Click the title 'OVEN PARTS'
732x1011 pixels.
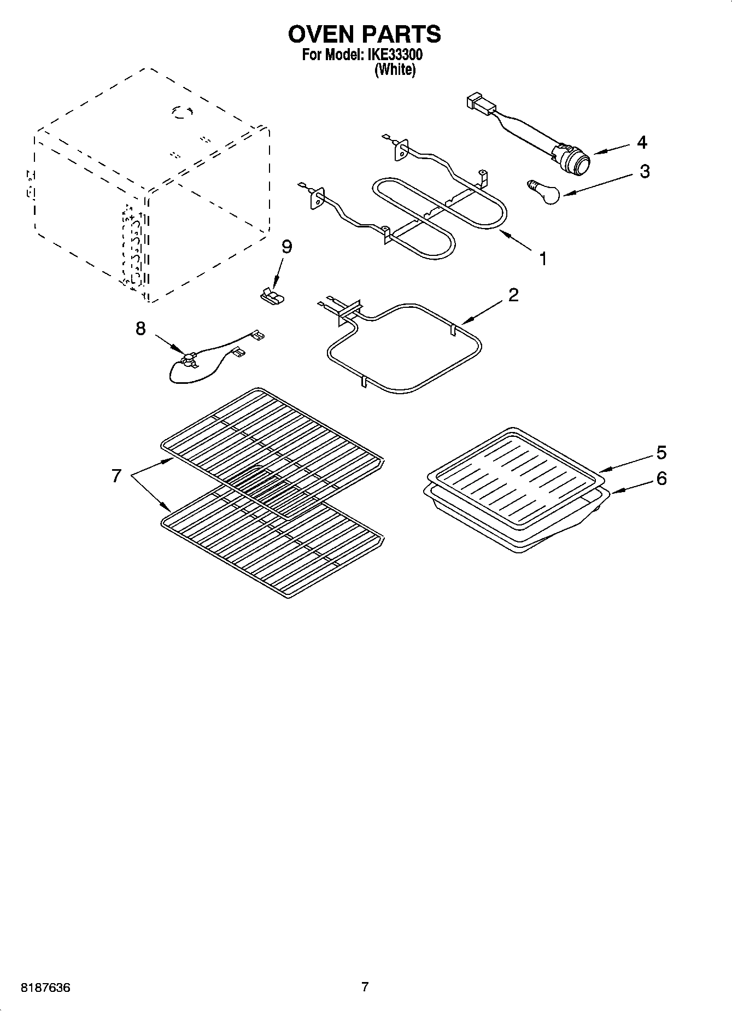point(364,34)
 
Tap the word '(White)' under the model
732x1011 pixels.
point(395,70)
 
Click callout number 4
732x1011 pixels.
point(642,142)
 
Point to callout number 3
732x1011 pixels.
point(645,171)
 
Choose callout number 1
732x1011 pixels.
point(543,258)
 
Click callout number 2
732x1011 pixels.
point(513,295)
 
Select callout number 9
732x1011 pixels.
point(286,247)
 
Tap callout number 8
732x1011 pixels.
point(140,329)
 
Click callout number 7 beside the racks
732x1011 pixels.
point(116,476)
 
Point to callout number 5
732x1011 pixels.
point(661,453)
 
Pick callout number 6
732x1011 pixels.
point(661,479)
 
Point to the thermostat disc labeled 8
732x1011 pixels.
point(189,359)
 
